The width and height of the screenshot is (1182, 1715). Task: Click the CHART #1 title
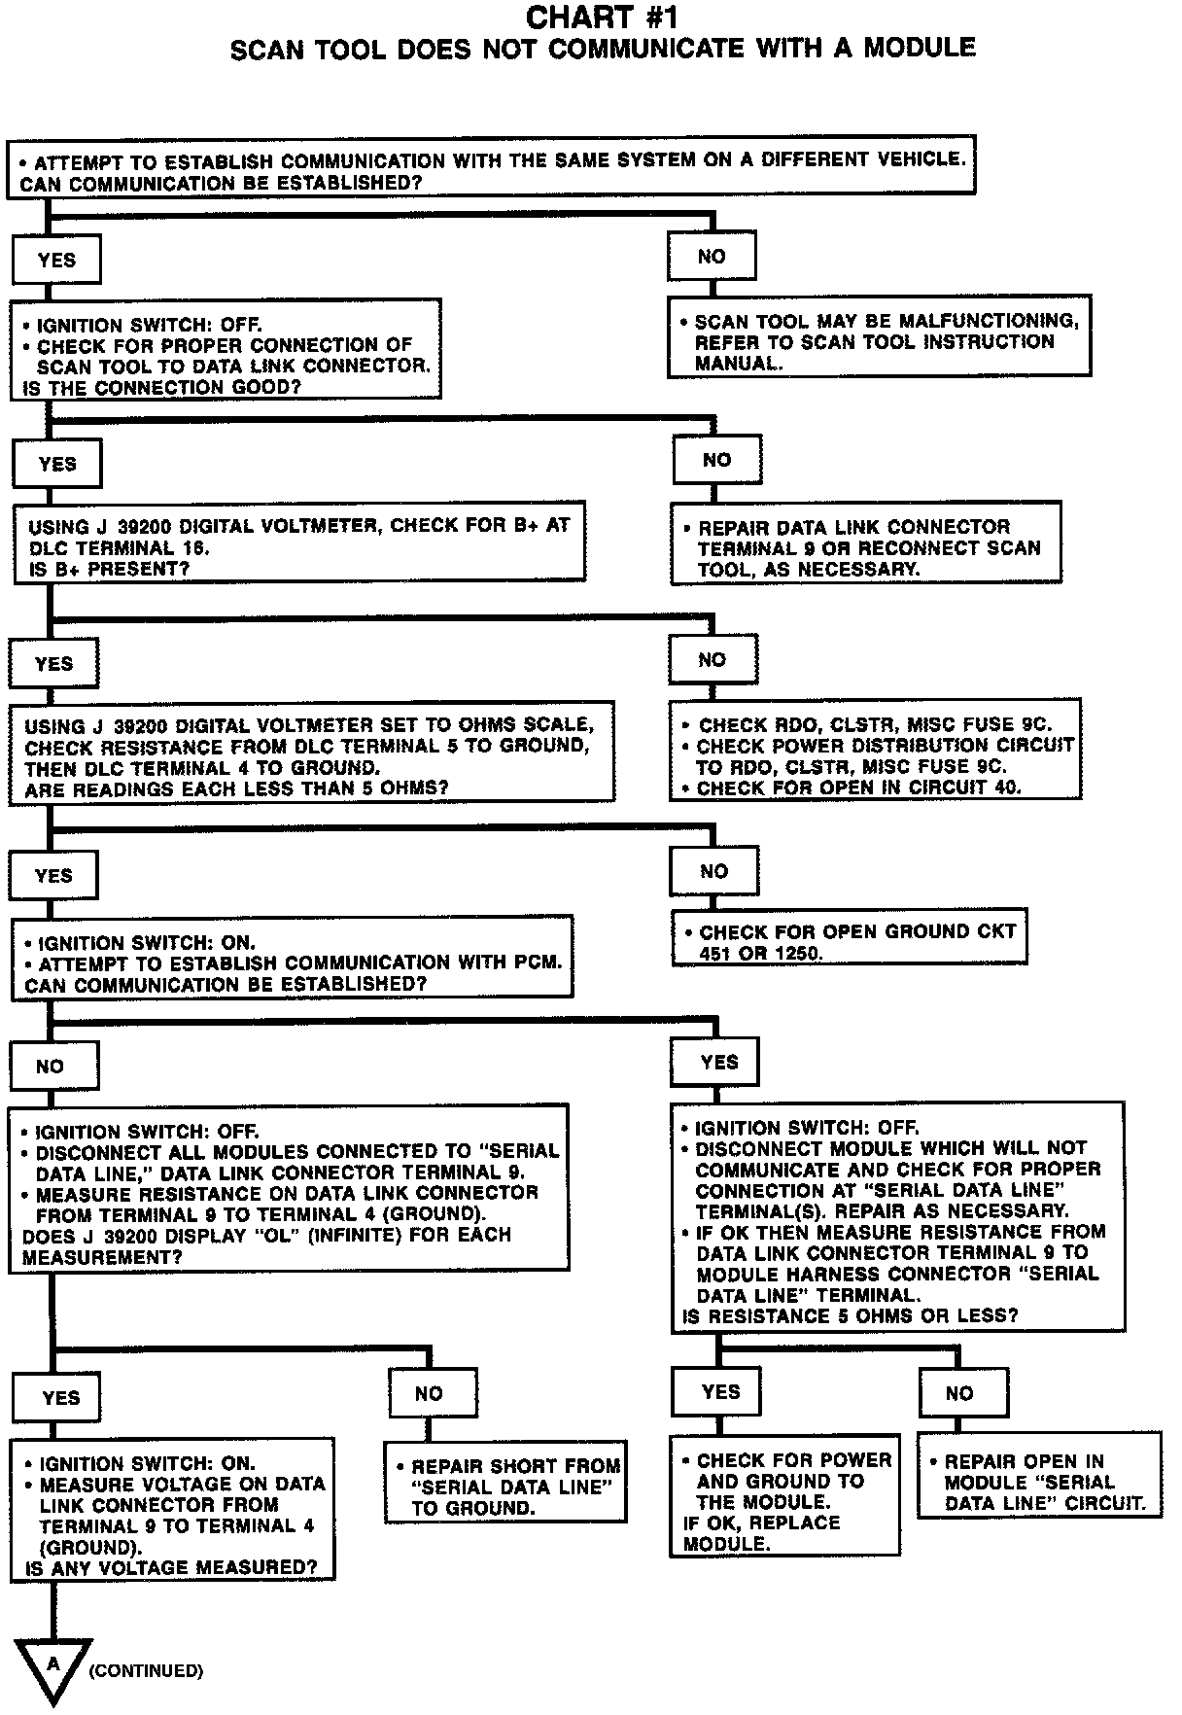tap(602, 17)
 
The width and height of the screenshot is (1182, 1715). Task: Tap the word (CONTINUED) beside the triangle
tap(146, 1671)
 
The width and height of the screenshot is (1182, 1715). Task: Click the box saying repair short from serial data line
tap(504, 1487)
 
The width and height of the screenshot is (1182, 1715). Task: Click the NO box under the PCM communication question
tap(53, 1066)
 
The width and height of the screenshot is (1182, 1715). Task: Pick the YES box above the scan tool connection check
tap(56, 261)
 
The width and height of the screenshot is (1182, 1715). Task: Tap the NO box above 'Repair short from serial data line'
tap(432, 1393)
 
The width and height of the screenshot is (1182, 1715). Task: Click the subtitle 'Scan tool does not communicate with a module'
tap(602, 48)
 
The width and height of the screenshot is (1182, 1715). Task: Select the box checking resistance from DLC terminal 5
tap(312, 752)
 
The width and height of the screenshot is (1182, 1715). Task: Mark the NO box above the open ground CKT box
tap(713, 871)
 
